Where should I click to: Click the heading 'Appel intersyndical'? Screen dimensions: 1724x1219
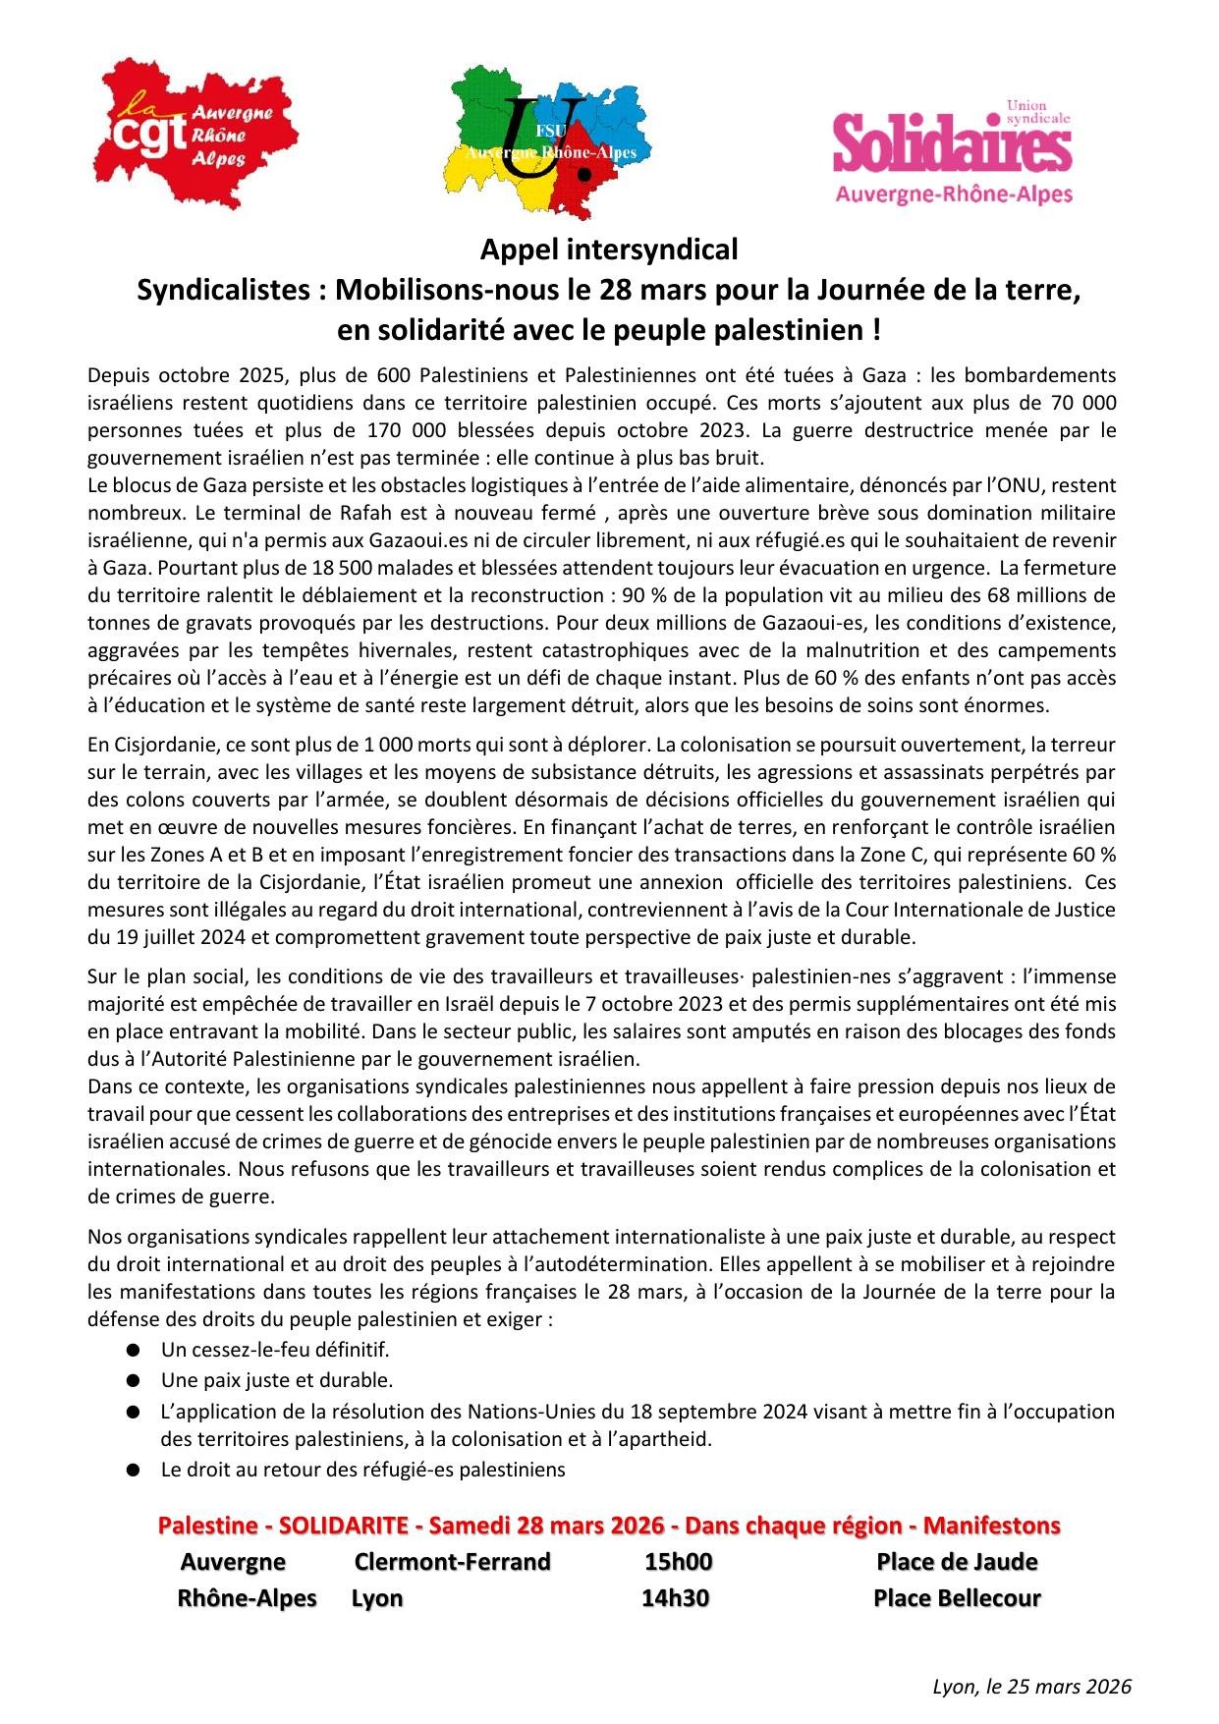608,250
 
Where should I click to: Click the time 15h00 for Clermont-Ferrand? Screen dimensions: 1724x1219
678,1562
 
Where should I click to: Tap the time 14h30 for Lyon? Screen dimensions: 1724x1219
675,1598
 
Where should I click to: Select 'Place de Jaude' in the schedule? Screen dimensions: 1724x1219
957,1562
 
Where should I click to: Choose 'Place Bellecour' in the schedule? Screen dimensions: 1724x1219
957,1598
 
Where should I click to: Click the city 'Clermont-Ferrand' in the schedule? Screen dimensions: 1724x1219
452,1562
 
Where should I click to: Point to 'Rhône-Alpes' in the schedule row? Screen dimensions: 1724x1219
247,1598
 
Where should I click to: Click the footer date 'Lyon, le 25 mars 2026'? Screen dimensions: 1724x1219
1031,1687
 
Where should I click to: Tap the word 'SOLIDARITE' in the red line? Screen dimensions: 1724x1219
343,1526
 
